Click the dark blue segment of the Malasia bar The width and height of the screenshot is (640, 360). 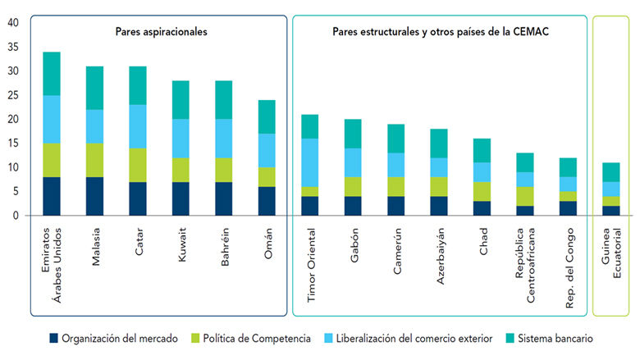click(95, 196)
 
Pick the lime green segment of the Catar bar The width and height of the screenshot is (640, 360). click(138, 165)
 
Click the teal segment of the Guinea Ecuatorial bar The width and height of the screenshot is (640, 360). click(610, 172)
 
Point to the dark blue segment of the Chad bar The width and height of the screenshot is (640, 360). click(482, 208)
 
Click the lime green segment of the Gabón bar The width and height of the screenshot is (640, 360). click(353, 186)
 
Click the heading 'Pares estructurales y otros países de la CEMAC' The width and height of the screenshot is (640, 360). click(441, 32)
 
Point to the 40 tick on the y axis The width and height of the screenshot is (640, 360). click(12, 23)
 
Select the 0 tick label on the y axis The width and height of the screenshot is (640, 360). click(15, 216)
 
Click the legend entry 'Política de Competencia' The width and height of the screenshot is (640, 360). click(255, 338)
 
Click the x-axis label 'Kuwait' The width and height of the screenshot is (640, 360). click(181, 246)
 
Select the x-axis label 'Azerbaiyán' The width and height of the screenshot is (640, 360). click(440, 256)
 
